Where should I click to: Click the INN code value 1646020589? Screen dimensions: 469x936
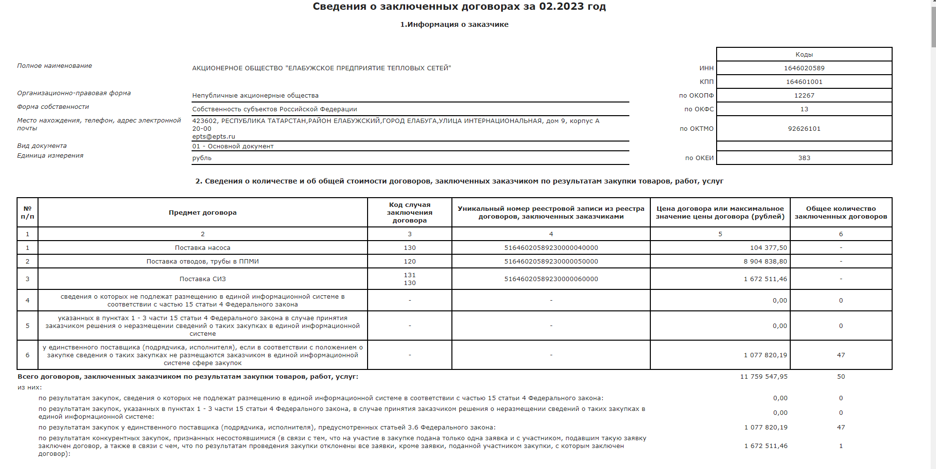pos(804,68)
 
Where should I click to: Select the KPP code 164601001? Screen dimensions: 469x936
pos(804,82)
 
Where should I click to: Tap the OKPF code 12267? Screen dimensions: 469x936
pos(804,96)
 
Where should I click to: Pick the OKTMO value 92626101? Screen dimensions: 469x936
pos(804,129)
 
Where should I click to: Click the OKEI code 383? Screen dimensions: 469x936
pos(804,158)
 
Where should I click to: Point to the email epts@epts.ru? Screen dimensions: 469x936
pos(214,137)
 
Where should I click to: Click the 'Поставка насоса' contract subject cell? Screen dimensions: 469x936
pos(202,248)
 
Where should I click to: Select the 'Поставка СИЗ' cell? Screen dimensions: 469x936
pos(202,279)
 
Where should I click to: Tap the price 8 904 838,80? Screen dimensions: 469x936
pos(765,262)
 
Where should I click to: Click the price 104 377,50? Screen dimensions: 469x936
pos(768,248)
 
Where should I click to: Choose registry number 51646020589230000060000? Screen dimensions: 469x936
pos(551,279)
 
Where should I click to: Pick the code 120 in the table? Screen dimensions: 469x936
pos(409,262)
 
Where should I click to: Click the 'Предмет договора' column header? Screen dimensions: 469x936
pos(202,213)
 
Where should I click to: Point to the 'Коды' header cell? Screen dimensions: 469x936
pos(804,55)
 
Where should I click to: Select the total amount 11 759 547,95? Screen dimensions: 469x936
pos(763,377)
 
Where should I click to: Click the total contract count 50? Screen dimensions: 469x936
pos(840,377)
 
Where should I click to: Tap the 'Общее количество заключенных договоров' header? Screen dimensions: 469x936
pos(840,213)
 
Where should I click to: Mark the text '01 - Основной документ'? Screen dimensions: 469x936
pos(233,146)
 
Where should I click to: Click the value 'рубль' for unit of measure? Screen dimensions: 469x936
pos(202,158)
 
